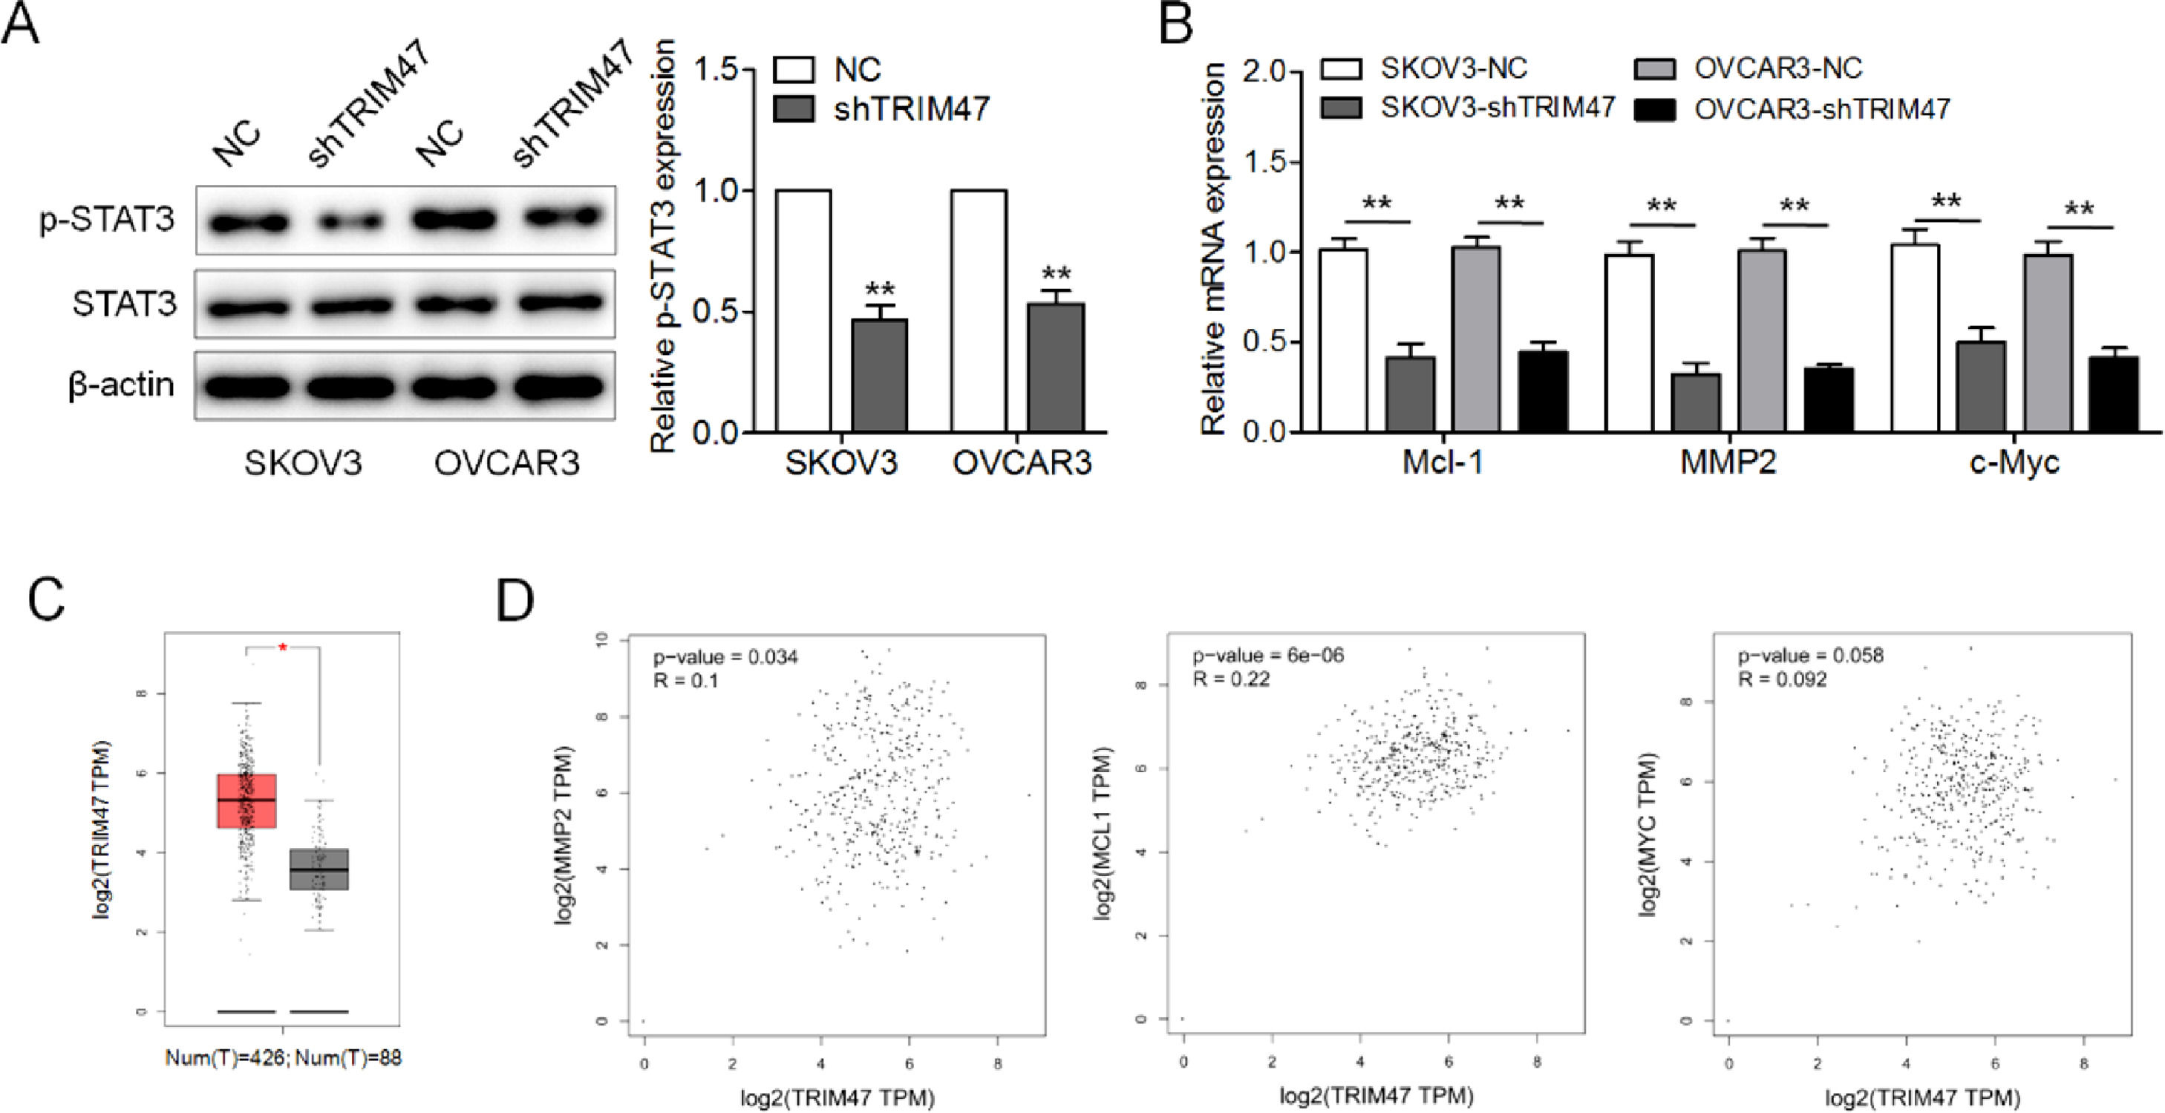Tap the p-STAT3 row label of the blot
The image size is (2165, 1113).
[107, 219]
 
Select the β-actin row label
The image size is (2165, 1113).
[121, 385]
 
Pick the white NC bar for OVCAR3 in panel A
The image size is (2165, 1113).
[979, 311]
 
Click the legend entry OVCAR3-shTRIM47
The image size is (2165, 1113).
[1821, 109]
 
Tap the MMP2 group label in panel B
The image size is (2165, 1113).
[1728, 462]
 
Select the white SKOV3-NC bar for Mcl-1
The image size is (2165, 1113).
[1343, 341]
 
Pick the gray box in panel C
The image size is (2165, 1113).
[319, 869]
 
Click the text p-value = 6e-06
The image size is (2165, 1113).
[1267, 656]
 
